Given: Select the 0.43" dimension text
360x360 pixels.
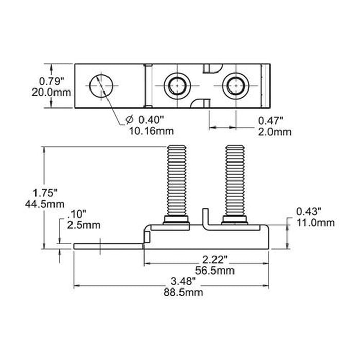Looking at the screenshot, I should [309, 212].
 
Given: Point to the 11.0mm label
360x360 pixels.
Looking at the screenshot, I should [315, 223].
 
